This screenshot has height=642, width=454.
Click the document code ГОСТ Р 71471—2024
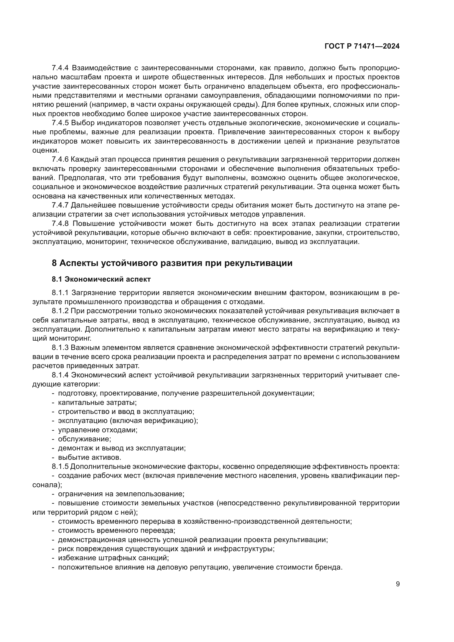[362, 46]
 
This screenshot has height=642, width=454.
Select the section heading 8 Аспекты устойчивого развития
[172, 263]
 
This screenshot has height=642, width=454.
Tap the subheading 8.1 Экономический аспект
[101, 279]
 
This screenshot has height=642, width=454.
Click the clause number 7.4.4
[60, 68]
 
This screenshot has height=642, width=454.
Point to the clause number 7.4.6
[60, 159]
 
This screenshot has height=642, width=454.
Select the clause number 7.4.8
[60, 223]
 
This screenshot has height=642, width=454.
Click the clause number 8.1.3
[60, 347]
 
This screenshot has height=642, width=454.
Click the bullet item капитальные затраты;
[97, 403]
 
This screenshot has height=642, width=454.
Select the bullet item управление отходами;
[97, 430]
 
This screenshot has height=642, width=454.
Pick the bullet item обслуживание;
[85, 439]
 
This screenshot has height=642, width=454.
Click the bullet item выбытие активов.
[89, 458]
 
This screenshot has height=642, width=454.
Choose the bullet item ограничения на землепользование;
[121, 494]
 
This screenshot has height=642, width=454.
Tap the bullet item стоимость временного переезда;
[117, 531]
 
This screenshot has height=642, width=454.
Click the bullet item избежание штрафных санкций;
[113, 558]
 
